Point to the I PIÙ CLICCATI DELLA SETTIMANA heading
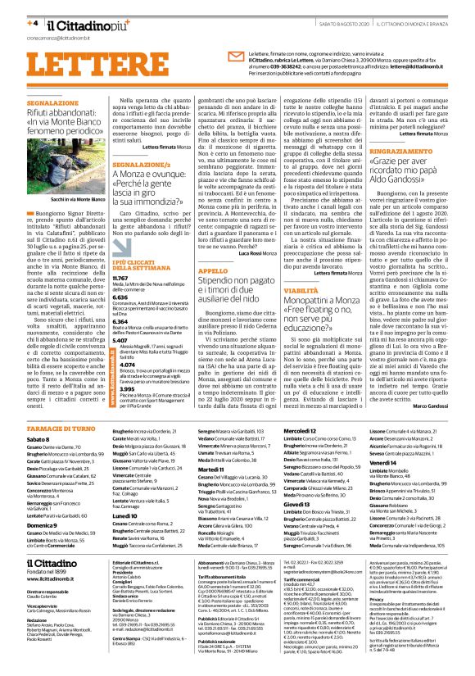coord(147,262)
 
